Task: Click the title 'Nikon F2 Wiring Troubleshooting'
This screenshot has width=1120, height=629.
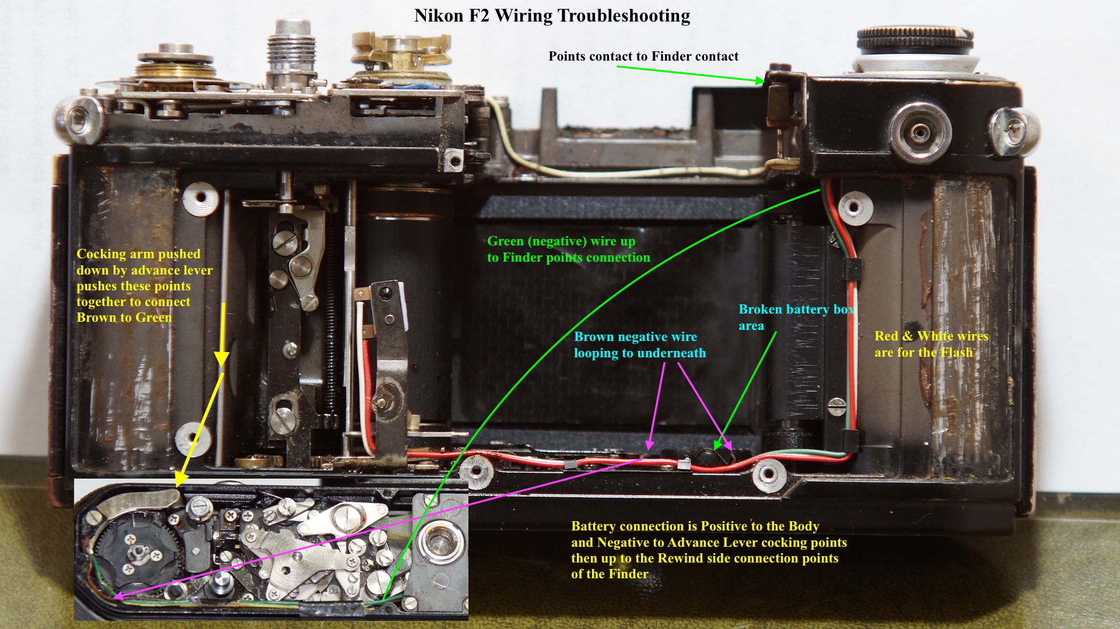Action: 552,16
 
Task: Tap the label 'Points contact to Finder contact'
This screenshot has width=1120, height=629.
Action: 643,57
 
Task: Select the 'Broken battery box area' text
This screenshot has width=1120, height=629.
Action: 796,317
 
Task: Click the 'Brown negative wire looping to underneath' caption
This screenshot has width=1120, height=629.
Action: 639,345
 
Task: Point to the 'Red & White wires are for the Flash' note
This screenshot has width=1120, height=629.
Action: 931,344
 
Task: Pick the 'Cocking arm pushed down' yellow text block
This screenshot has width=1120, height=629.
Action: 144,286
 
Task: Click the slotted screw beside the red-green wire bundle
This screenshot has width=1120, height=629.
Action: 836,405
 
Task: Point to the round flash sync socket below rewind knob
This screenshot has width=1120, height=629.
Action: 921,133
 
